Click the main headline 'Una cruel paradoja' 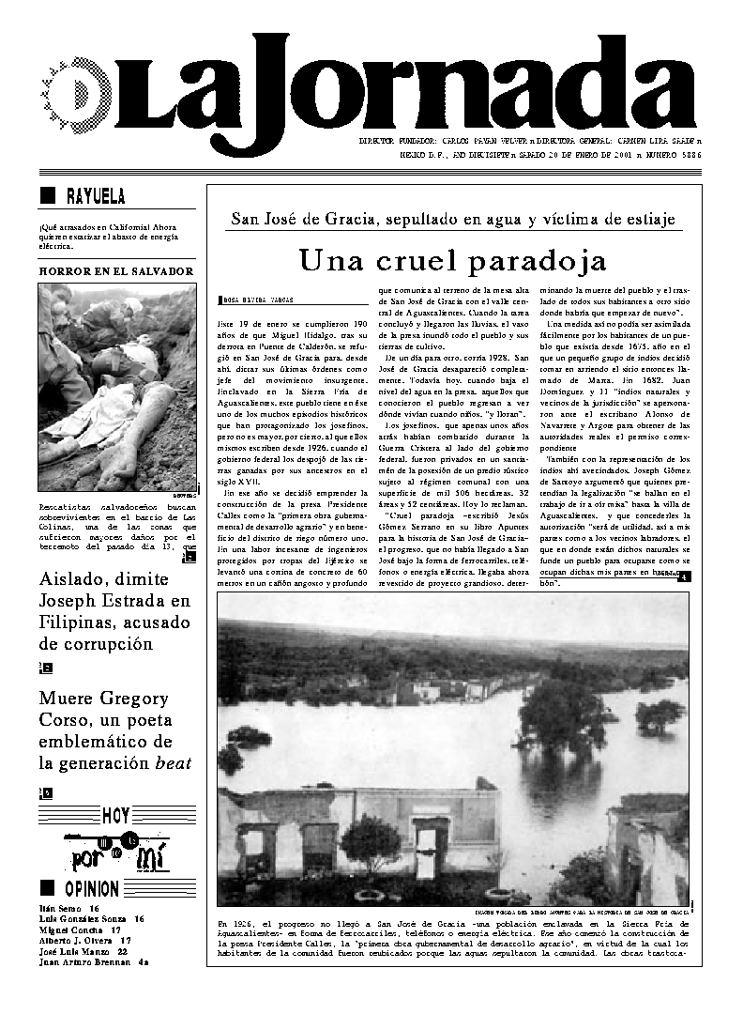452,259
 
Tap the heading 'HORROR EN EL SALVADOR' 116,271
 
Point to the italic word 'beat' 173,763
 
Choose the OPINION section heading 91,888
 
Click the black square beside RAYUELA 48,195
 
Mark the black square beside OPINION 47,887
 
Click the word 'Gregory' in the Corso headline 135,699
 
